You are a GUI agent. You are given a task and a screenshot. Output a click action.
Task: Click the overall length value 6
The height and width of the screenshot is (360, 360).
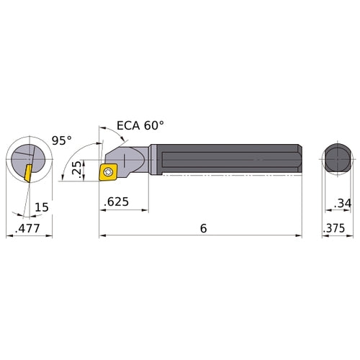tap(204, 228)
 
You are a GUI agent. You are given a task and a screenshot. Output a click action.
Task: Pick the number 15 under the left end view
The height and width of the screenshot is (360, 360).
tap(42, 207)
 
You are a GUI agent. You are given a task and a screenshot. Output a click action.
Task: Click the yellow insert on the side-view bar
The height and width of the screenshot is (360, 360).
tap(109, 172)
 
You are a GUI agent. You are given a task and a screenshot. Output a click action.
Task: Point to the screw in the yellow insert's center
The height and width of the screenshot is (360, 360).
tap(109, 172)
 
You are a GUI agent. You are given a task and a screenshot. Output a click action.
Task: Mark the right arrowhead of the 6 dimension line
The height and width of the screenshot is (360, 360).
tap(299, 235)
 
